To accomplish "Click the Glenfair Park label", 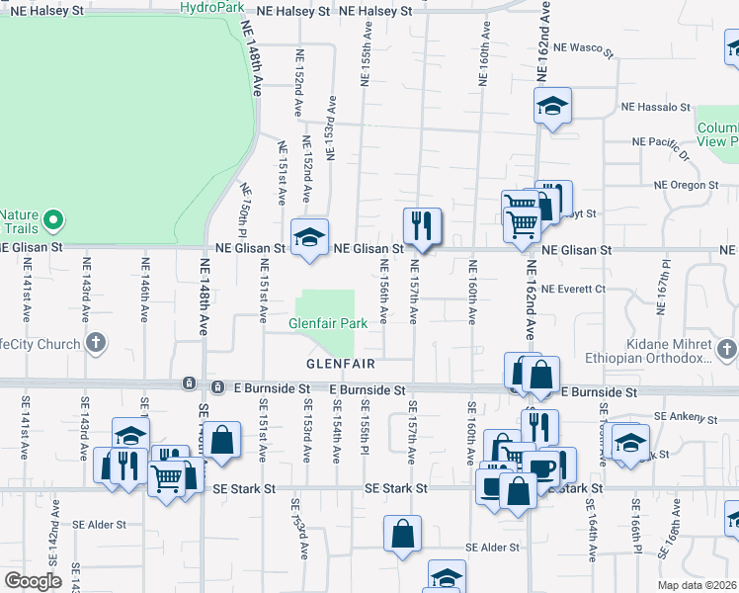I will pos(328,323).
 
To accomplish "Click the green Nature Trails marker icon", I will pos(57,218).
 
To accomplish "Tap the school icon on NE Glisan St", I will pos(311,237).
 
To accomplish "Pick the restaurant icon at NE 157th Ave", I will pos(421,225).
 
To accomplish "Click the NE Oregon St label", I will pos(687,185).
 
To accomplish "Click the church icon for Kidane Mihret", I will pos(727,349).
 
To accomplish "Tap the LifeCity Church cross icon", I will pos(95,344).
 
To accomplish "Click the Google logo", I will pos(32,580).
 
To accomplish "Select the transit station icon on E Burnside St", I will pos(189,383).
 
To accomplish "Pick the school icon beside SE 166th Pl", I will pos(629,442).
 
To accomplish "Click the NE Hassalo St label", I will pos(655,107).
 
